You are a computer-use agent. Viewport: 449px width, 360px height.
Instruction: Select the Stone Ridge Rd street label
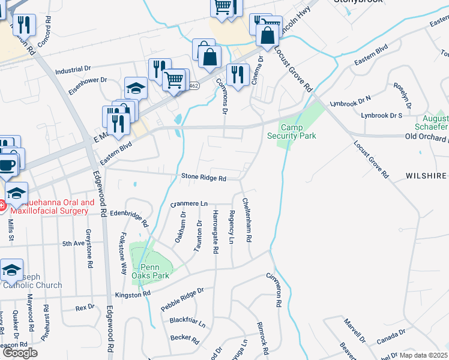[204, 178]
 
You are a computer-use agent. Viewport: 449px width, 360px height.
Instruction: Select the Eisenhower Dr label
[86, 80]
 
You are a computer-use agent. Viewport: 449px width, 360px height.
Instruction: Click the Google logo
[20, 353]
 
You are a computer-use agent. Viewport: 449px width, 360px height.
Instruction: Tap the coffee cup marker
[8, 165]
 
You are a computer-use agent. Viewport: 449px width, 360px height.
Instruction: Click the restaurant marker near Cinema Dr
[238, 75]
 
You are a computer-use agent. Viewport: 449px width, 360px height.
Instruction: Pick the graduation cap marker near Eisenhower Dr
[136, 89]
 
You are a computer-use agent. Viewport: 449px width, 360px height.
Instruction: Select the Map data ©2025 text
[424, 355]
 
